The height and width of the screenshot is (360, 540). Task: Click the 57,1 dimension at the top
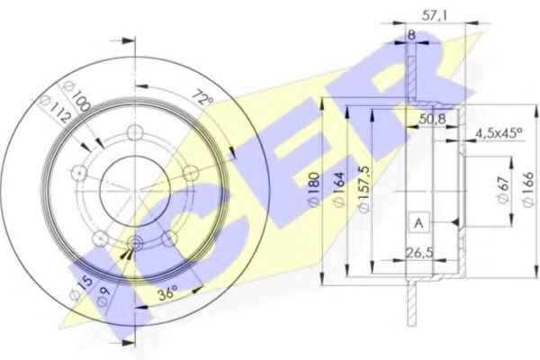tap(435, 15)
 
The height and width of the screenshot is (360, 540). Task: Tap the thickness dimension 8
tap(411, 35)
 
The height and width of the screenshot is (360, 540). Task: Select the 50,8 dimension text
tap(432, 120)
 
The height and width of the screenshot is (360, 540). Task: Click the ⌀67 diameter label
tap(503, 190)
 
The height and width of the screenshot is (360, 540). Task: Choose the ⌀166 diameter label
tap(528, 190)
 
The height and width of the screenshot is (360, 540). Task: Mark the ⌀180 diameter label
tap(314, 190)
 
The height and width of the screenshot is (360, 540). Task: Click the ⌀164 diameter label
tap(339, 190)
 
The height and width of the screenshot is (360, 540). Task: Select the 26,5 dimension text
tap(419, 253)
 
